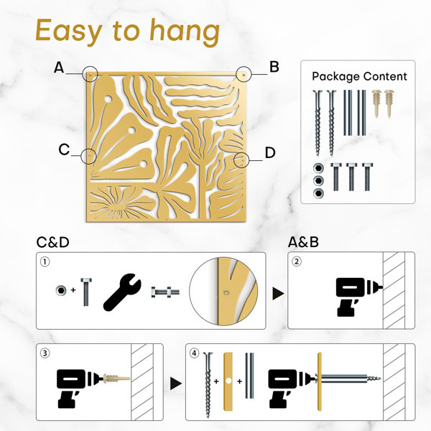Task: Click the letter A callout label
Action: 59,68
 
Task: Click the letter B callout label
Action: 274,67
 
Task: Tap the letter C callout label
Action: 64,150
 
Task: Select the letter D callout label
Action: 270,152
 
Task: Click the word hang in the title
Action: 185,32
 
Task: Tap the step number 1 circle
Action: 45,261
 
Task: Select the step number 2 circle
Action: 296,261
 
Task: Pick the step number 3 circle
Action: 45,353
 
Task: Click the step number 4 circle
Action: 195,353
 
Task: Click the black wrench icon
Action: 122,292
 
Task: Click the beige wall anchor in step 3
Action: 116,379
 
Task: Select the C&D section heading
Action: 52,243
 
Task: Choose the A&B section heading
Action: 303,242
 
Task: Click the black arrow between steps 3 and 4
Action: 176,384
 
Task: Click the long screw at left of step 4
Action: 208,381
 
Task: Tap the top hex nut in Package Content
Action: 318,168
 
